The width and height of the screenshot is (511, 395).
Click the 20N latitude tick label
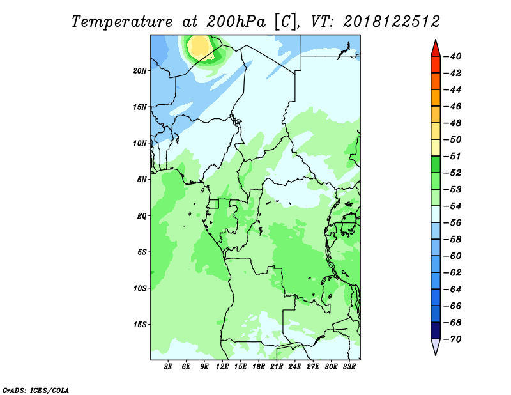click(x=140, y=71)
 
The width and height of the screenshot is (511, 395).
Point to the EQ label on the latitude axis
click(x=142, y=216)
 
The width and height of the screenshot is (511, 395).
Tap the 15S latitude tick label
click(x=140, y=325)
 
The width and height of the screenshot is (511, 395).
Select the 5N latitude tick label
click(x=142, y=180)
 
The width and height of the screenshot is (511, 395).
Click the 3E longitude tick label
click(x=168, y=367)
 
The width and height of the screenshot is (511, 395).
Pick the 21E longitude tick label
click(x=277, y=367)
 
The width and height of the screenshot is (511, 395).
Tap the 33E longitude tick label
click(x=349, y=367)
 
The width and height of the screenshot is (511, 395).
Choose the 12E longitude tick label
click(x=222, y=367)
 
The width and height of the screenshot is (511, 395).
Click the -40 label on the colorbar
click(x=453, y=56)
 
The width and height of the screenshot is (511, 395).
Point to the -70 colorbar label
click(x=453, y=339)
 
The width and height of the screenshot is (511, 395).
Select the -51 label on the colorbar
click(x=453, y=156)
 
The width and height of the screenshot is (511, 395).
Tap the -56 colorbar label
click(x=453, y=223)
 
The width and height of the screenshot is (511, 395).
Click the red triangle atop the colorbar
click(x=436, y=49)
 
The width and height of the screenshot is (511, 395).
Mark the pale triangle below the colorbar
click(x=436, y=346)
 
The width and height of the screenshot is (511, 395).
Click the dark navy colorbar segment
click(x=436, y=330)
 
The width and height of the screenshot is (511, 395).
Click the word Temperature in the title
click(x=122, y=22)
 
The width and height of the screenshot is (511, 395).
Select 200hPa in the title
click(x=236, y=22)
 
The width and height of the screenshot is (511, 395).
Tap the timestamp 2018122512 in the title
click(x=392, y=22)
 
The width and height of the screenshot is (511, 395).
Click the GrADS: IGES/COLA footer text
click(x=36, y=391)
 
